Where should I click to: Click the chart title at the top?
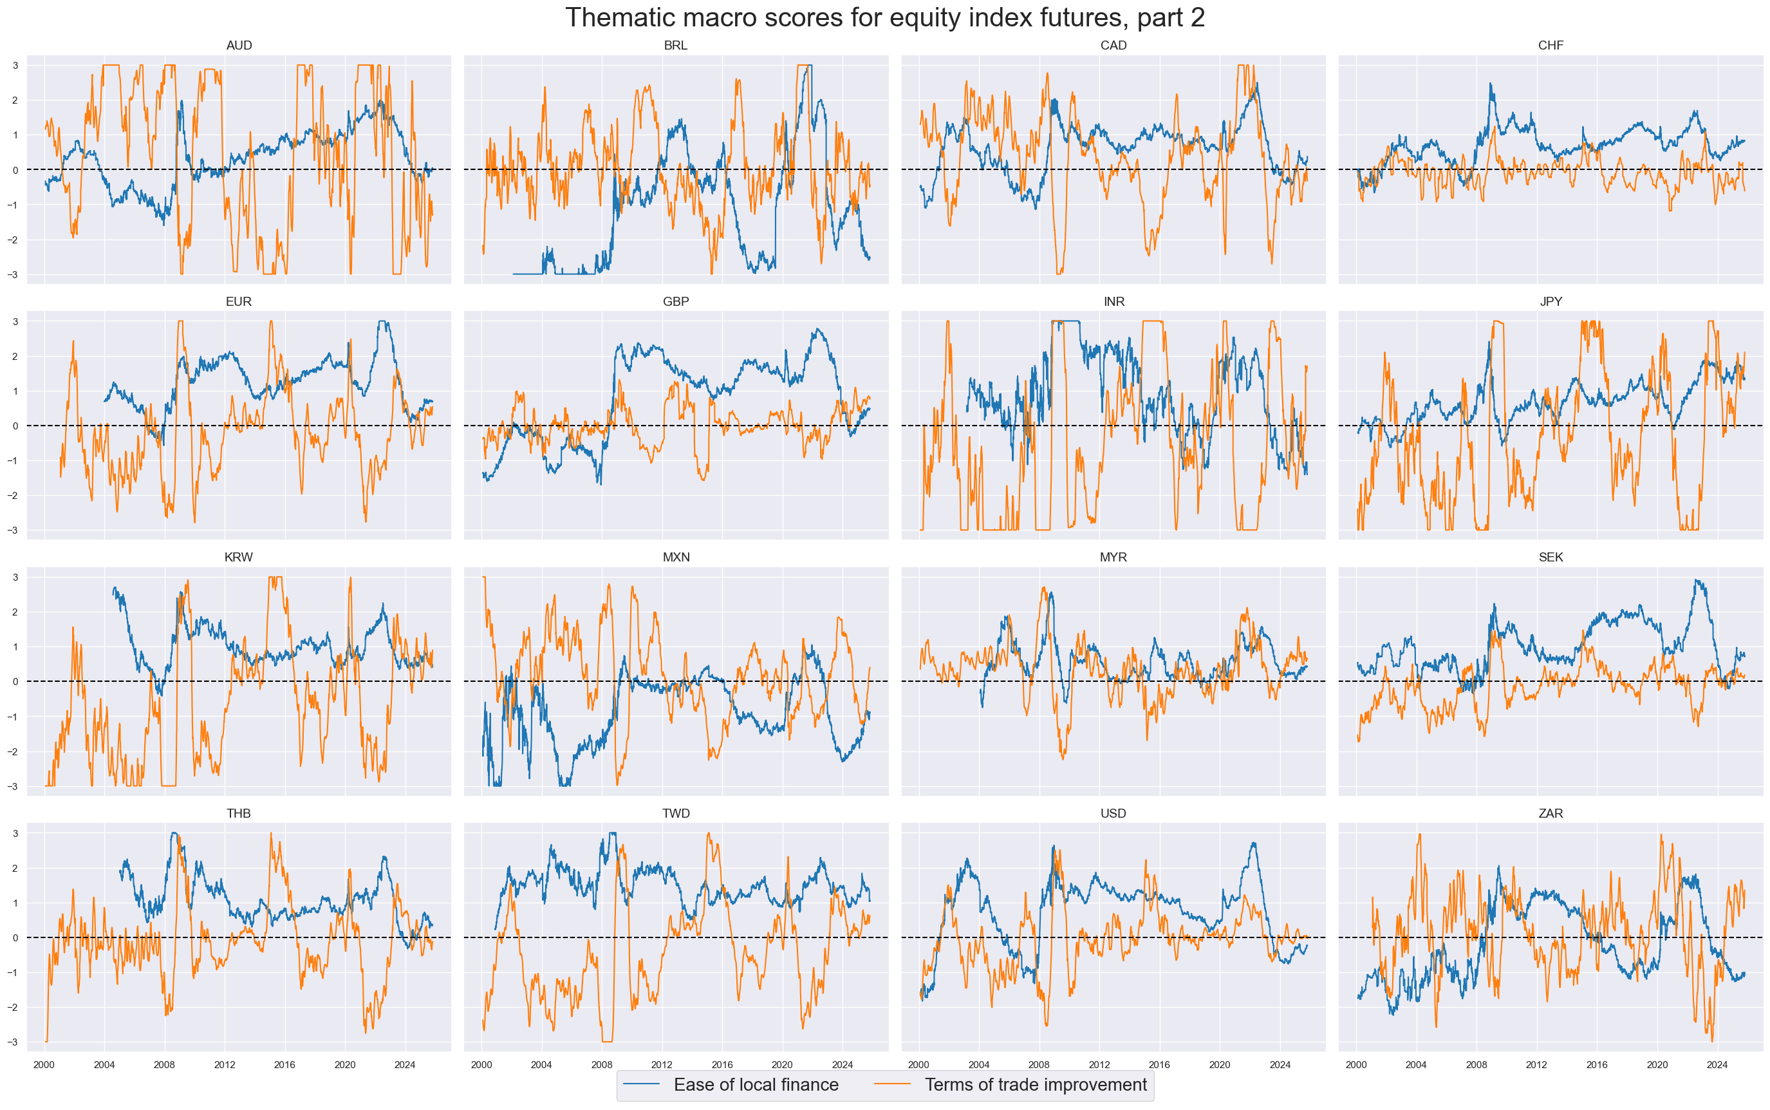pyautogui.click(x=884, y=17)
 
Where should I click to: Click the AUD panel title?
pyautogui.click(x=239, y=46)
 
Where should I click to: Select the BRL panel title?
pyautogui.click(x=675, y=46)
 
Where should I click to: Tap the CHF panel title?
pyautogui.click(x=1550, y=46)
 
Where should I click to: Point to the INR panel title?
pyautogui.click(x=1113, y=302)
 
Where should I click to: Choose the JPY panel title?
pyautogui.click(x=1550, y=302)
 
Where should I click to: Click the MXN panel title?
pyautogui.click(x=675, y=557)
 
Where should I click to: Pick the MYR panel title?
pyautogui.click(x=1113, y=557)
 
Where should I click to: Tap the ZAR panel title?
pyautogui.click(x=1550, y=813)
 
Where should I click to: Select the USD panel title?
pyautogui.click(x=1113, y=813)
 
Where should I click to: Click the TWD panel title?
pyautogui.click(x=675, y=813)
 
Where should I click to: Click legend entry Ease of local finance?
pyautogui.click(x=755, y=1085)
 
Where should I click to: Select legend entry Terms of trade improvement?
pyautogui.click(x=1035, y=1085)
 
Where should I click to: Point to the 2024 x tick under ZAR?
pyautogui.click(x=1717, y=1064)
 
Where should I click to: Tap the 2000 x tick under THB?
pyautogui.click(x=44, y=1064)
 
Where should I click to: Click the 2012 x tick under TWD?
pyautogui.click(x=662, y=1064)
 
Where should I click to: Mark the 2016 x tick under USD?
pyautogui.click(x=1159, y=1064)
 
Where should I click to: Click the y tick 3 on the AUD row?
pyautogui.click(x=15, y=65)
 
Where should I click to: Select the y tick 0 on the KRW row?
pyautogui.click(x=15, y=682)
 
